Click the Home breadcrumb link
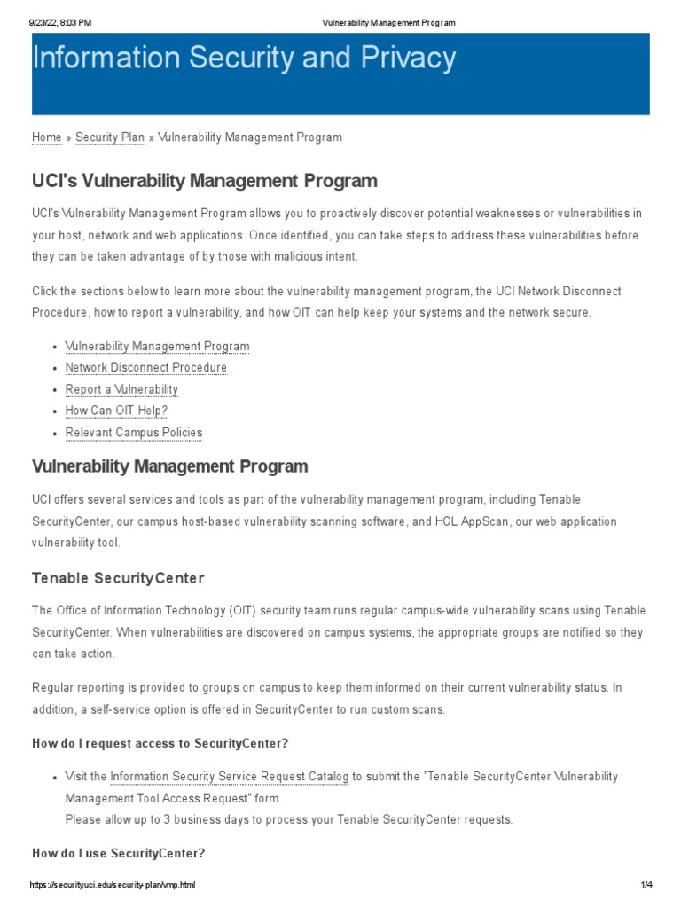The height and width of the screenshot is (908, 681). click(46, 137)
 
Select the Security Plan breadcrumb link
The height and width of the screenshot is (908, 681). click(110, 137)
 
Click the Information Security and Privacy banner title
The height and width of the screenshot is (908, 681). click(244, 59)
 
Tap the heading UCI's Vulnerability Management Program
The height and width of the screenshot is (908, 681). click(204, 181)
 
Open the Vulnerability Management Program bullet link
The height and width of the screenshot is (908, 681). click(157, 347)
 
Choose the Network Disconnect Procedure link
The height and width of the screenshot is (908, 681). click(145, 368)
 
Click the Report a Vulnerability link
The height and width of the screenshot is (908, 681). click(121, 390)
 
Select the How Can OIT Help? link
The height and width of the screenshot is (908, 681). click(116, 411)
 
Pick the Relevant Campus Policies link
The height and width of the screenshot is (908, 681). click(133, 433)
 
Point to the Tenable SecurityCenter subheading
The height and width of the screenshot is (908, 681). click(118, 578)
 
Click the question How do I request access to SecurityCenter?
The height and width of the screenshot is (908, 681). click(160, 743)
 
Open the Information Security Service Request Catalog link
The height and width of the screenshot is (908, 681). click(229, 777)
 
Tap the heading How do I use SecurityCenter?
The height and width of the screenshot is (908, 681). click(119, 854)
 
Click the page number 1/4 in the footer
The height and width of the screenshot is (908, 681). click(646, 886)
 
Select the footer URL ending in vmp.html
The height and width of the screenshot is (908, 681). click(113, 886)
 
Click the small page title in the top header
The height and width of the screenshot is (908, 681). click(387, 22)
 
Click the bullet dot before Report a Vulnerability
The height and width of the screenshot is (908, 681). click(55, 390)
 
